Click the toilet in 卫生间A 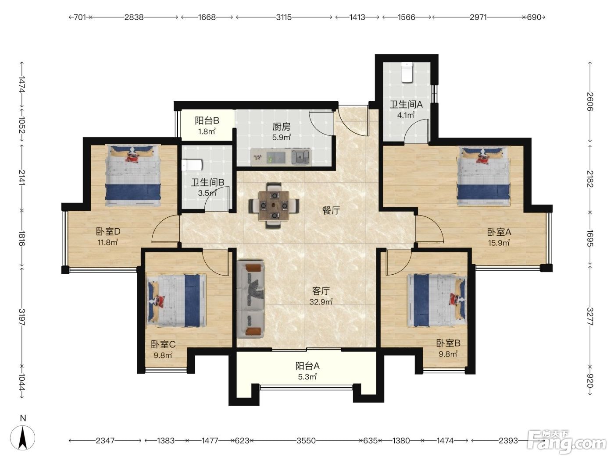pyautogui.click(x=407, y=72)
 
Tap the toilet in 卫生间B pyautogui.click(x=192, y=165)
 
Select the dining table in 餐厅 pyautogui.click(x=274, y=205)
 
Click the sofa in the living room pyautogui.click(x=250, y=299)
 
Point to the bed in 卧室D pyautogui.click(x=133, y=175)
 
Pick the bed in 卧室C pyautogui.click(x=176, y=300)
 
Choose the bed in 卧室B pyautogui.click(x=437, y=300)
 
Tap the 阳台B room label pyautogui.click(x=207, y=120)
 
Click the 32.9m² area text pyautogui.click(x=321, y=302)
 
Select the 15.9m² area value pyautogui.click(x=499, y=243)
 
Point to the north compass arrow pyautogui.click(x=23, y=438)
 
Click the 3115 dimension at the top pyautogui.click(x=284, y=18)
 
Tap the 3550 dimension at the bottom pyautogui.click(x=306, y=441)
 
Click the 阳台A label pyautogui.click(x=307, y=366)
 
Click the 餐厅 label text pyautogui.click(x=331, y=211)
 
